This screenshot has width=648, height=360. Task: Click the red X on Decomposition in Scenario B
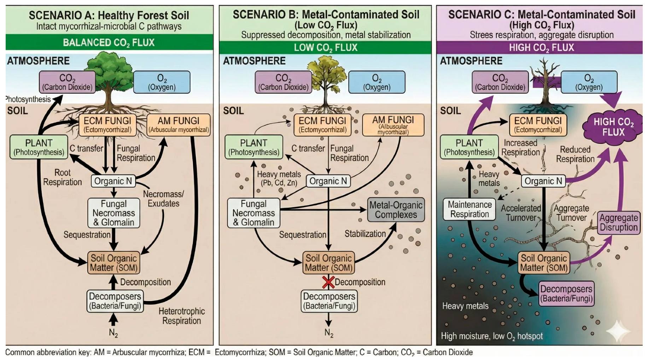328,282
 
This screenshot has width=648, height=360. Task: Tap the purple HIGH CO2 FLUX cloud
613,127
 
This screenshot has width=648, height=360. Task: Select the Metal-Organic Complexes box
396,210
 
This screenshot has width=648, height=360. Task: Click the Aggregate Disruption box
618,222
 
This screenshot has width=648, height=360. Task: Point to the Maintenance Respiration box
469,209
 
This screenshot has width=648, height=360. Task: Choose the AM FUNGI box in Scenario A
179,125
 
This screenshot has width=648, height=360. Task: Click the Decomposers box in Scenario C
566,294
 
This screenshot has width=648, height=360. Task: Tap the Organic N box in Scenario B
328,181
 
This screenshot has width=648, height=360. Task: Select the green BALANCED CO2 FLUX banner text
109,42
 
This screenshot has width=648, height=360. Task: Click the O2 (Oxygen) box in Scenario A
162,82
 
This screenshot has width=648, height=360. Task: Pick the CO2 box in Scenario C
500,82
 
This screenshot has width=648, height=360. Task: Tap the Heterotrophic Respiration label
181,316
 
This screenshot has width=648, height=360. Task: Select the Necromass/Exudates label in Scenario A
163,199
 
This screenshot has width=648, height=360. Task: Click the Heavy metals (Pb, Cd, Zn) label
279,178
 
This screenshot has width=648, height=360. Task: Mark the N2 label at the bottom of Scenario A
113,333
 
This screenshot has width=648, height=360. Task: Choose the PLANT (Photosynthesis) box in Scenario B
253,147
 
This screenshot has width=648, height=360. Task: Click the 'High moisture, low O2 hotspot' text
492,336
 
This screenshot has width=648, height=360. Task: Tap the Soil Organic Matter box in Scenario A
113,263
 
